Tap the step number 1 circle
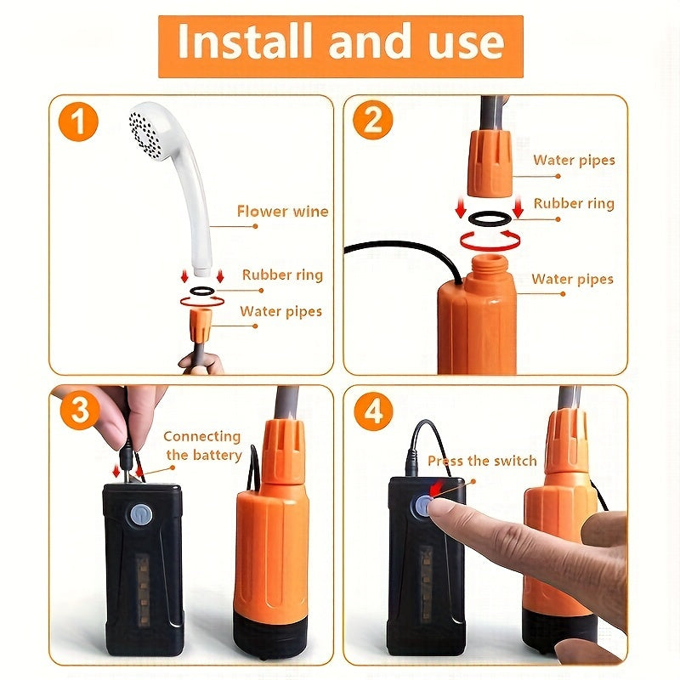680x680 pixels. pos(79,124)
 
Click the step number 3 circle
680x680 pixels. pos(79,411)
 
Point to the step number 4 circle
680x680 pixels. pos(372,411)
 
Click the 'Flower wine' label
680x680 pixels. pos(282,212)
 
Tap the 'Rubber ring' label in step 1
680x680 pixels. pos(282,275)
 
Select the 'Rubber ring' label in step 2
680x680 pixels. pos(573,203)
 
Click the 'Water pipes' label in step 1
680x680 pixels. pos(280,311)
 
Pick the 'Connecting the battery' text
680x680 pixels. pos(202,445)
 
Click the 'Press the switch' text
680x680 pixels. pos(482,461)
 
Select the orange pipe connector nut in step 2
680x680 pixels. pos(490,161)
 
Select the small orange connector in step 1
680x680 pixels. pos(201,324)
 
